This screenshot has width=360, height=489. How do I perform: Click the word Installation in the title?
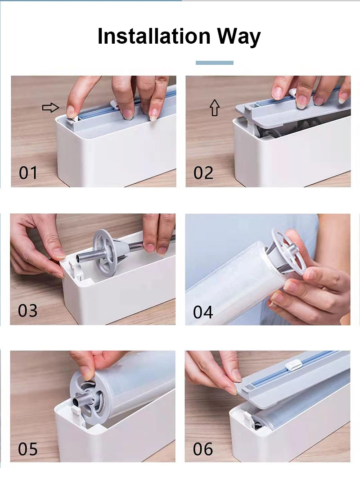point(154,36)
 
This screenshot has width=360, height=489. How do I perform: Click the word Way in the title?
point(239,37)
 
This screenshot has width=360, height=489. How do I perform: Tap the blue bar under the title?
point(215,63)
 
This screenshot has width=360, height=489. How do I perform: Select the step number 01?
point(28,172)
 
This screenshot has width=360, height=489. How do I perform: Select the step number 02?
point(203,172)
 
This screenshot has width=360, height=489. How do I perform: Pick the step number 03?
point(28,310)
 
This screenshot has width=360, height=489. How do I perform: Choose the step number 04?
point(203,312)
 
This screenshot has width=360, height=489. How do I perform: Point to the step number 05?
point(28,449)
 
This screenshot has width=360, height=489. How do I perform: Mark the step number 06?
point(203,449)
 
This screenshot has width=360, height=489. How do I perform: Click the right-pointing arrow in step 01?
point(50,108)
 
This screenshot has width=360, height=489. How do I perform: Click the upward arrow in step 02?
point(215,108)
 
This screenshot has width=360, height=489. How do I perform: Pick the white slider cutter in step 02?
point(291,93)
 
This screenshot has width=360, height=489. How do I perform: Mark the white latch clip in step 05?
point(76,412)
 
